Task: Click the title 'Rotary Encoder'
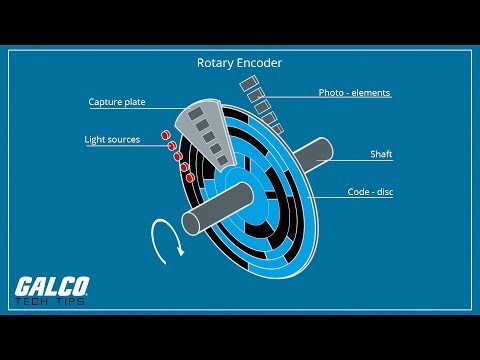point(240,63)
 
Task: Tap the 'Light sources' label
point(112,139)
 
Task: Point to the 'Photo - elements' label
point(354,93)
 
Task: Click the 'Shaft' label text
point(380,155)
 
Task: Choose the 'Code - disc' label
point(369,191)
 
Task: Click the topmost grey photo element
point(247,87)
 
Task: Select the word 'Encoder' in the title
point(260,63)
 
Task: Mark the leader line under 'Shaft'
point(370,164)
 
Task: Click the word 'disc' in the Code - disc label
point(383,191)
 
